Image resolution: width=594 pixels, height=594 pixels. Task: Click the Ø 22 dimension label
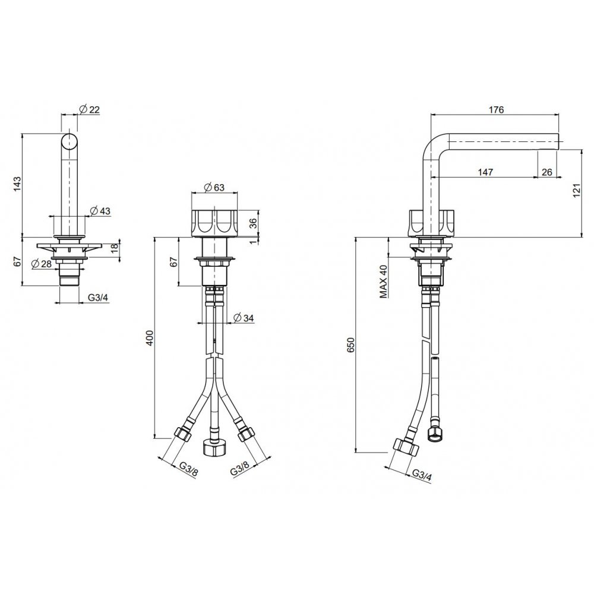(90, 109)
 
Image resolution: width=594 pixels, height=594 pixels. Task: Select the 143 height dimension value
(17, 185)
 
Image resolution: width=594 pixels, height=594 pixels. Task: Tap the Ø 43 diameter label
(100, 211)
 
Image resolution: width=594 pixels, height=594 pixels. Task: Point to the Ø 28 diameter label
(42, 264)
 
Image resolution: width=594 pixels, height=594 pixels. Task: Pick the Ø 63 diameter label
(214, 187)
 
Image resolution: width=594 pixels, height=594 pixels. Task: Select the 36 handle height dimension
(254, 223)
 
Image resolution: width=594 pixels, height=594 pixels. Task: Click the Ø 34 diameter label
(244, 318)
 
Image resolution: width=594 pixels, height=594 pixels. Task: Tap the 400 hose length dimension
(150, 338)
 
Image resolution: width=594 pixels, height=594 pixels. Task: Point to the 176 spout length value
(496, 110)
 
